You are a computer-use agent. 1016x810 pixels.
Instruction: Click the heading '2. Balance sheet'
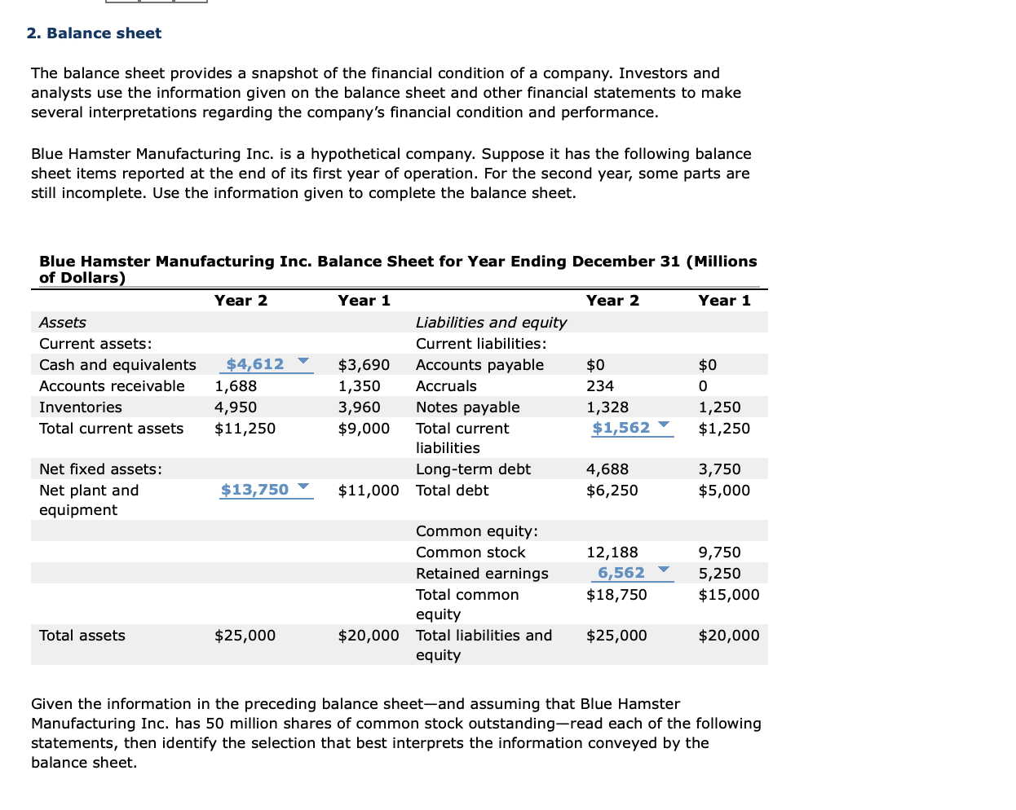tap(94, 33)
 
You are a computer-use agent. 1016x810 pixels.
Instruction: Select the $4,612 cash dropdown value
tap(267, 364)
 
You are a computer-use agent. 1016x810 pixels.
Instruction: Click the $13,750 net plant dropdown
tap(266, 490)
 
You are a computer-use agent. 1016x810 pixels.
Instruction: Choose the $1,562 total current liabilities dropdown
tap(632, 428)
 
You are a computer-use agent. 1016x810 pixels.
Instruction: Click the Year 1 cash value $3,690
tap(364, 365)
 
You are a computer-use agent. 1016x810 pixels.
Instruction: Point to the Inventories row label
tap(81, 407)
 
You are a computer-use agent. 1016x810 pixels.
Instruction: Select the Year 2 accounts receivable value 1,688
tap(236, 386)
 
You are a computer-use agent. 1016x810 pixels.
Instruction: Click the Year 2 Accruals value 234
tap(600, 386)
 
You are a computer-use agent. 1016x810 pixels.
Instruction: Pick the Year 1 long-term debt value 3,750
tap(719, 469)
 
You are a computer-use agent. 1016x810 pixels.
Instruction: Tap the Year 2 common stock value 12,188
tap(612, 552)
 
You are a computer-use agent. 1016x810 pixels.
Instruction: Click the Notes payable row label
tap(467, 407)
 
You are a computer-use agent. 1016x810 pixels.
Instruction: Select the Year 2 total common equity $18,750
tap(616, 595)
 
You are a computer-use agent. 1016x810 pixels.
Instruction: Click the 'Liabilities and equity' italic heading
tap(491, 323)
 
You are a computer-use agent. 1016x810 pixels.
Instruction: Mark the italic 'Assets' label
tap(63, 323)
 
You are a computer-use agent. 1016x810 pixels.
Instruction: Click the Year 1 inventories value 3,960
tap(360, 407)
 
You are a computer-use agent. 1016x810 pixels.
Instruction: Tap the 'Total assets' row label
tap(82, 636)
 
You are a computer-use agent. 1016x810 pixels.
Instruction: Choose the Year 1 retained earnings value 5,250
tap(719, 574)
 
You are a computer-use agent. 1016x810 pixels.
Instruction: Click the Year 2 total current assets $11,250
tap(245, 429)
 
